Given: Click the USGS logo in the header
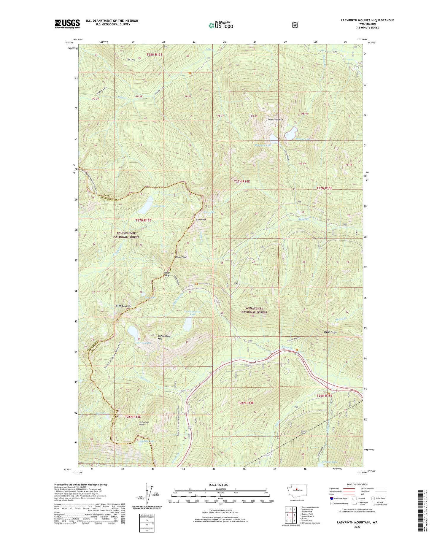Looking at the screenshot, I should [x=67, y=24].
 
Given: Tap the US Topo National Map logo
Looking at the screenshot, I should [x=221, y=25].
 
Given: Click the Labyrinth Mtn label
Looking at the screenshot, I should [x=275, y=120].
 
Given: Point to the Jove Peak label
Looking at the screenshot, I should [x=201, y=219].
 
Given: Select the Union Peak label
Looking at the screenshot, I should [x=181, y=257].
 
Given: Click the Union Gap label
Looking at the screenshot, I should [x=167, y=274].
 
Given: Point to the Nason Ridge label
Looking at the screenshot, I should [x=330, y=332].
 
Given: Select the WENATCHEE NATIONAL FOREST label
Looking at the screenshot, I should [x=254, y=310].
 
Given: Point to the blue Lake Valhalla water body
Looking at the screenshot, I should [x=133, y=331].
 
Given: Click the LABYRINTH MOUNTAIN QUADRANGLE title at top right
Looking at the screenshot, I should [x=367, y=20].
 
